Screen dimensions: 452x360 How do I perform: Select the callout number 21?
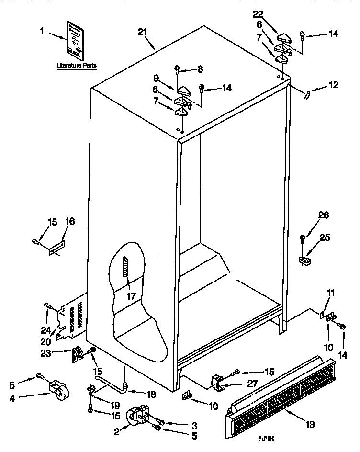click(142, 32)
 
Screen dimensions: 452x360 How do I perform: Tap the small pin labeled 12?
click(307, 94)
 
